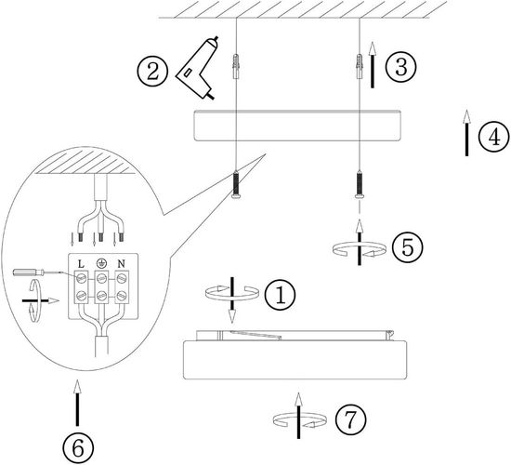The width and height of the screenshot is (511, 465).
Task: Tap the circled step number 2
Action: pos(152,71)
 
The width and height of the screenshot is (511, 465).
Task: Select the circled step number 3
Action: pos(401,67)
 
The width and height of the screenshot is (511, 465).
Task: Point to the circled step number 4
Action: pos(494,137)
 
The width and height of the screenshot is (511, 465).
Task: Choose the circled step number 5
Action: pos(407,247)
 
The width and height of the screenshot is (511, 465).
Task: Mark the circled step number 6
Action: pos(78,448)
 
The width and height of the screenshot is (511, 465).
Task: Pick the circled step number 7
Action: pos(350,419)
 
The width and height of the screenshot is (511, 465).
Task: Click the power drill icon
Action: pos(197,69)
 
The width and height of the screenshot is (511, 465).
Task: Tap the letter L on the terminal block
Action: pos(81,264)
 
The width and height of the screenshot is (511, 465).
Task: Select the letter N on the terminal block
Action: pos(121,264)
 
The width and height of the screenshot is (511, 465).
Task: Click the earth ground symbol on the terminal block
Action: pos(101,263)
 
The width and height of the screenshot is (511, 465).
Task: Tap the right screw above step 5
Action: pos(360,184)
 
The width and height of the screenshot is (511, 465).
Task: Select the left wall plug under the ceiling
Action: pos(236,66)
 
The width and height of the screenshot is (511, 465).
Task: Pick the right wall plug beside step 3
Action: pos(360,66)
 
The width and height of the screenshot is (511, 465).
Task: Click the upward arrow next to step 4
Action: pos(466,133)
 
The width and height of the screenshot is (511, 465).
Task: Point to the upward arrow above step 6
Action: pos(77,403)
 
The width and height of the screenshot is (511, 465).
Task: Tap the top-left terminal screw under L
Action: pos(81,278)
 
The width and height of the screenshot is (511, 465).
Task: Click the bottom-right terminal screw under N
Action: pos(121,296)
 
